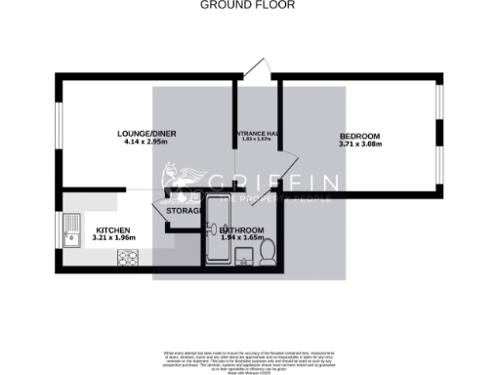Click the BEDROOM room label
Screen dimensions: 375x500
359,136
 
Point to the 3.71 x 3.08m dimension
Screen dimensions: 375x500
359,145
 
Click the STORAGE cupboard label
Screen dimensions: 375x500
185,209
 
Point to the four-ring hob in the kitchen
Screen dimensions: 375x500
128,258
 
